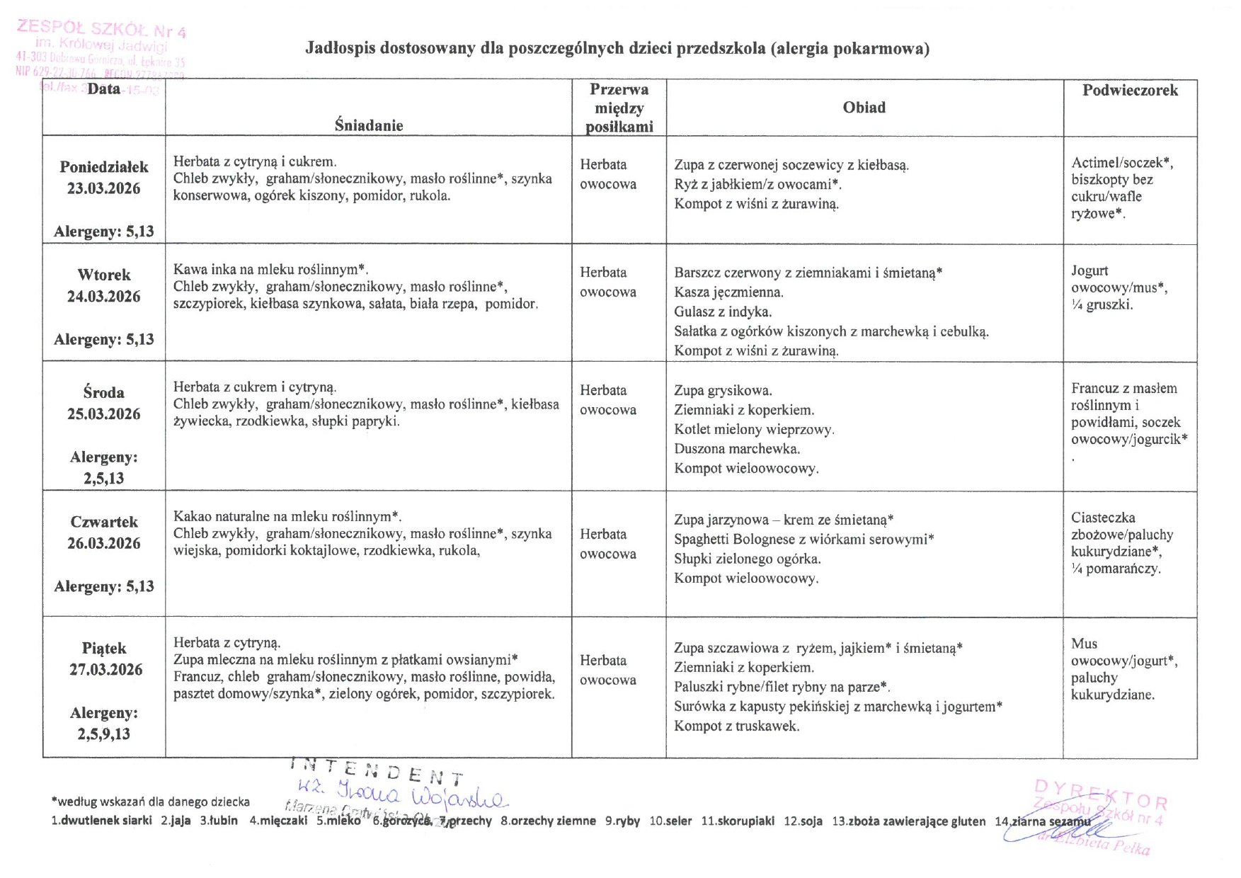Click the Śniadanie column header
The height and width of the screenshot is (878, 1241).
(x=369, y=125)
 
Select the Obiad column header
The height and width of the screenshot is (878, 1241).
(x=864, y=108)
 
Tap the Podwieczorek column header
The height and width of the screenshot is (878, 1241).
(x=1130, y=90)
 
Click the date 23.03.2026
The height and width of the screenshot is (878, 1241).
(x=103, y=188)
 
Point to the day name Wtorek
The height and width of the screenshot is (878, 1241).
(x=104, y=275)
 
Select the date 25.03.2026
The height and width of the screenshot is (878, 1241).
(x=103, y=414)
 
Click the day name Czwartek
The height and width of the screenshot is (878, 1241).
(x=104, y=522)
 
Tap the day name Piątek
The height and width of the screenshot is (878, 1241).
(x=104, y=648)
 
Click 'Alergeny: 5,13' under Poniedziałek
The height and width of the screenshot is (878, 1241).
(x=103, y=232)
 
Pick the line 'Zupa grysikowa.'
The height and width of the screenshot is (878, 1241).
(x=723, y=390)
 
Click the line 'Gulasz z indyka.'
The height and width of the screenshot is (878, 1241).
(x=723, y=312)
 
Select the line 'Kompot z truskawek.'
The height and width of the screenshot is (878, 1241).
(x=736, y=726)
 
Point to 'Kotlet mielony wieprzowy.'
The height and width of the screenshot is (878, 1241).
(x=754, y=429)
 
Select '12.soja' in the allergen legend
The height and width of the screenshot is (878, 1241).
(x=803, y=821)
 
